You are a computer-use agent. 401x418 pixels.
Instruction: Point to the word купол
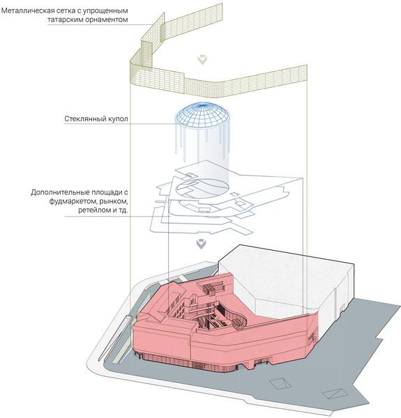118,119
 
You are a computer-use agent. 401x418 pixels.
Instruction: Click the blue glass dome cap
202,114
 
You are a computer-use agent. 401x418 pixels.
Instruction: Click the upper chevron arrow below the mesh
202,60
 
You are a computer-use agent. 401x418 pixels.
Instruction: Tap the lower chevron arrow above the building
202,244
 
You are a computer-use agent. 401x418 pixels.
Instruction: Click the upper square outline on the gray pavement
280,383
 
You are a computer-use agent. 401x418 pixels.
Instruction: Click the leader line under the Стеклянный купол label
119,124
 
